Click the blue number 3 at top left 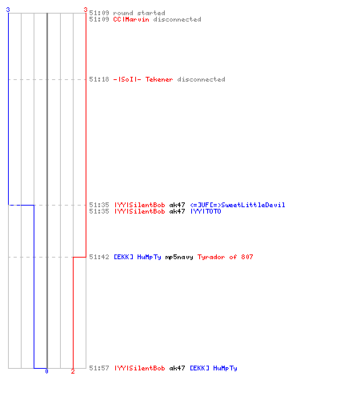[x=8, y=10]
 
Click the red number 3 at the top [x=86, y=10]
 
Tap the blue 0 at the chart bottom [x=46, y=371]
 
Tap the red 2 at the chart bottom [x=73, y=371]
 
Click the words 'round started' [x=139, y=13]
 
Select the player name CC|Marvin [x=131, y=19]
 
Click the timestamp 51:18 [x=99, y=79]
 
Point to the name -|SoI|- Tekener [x=143, y=79]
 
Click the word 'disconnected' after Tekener [x=201, y=79]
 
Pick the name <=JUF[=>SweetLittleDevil [x=238, y=205]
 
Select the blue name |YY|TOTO [x=206, y=211]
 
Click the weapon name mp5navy [x=179, y=257]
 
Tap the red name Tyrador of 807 [x=225, y=257]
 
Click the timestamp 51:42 [x=99, y=257]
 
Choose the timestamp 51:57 [x=99, y=368]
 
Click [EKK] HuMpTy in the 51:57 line [x=214, y=368]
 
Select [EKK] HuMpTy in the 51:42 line [x=138, y=257]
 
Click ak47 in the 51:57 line [x=177, y=368]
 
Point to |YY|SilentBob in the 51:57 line [x=139, y=368]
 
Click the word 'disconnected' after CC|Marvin [x=177, y=19]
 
